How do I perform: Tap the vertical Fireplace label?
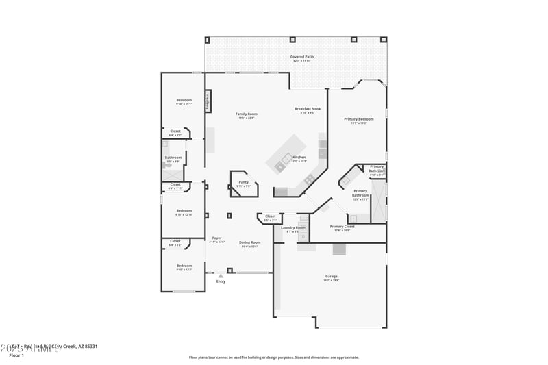coord(208,101)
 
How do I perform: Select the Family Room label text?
coord(247,114)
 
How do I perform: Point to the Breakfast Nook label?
coord(308,109)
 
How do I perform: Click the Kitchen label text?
coord(299,158)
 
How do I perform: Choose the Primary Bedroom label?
coord(358,119)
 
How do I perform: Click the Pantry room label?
coord(243,183)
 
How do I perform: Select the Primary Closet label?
coord(341,227)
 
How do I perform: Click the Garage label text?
coord(331,277)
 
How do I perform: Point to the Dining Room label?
coord(249,242)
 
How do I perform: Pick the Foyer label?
coord(216,238)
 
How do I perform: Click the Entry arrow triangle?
coord(221,275)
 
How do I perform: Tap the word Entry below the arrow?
coord(221,281)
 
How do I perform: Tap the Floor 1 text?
coord(16,355)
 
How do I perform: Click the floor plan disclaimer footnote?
coord(274,357)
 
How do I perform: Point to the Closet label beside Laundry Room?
coord(270,216)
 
